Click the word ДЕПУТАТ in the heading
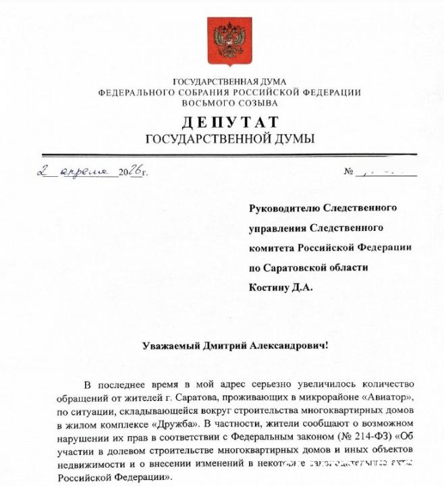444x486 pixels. coord(229,122)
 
